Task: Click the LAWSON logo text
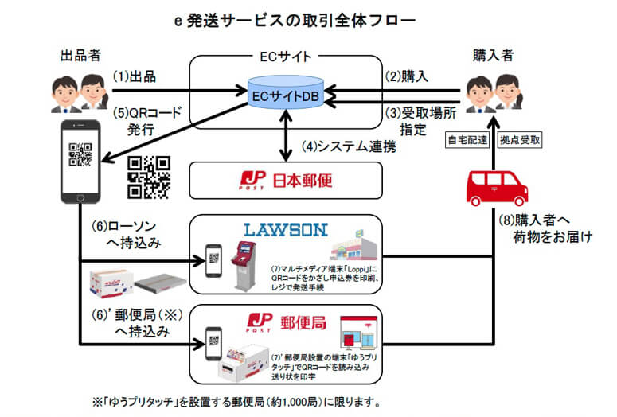(284, 230)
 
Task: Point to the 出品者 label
(80, 56)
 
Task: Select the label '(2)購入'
(408, 77)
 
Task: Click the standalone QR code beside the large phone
(150, 176)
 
